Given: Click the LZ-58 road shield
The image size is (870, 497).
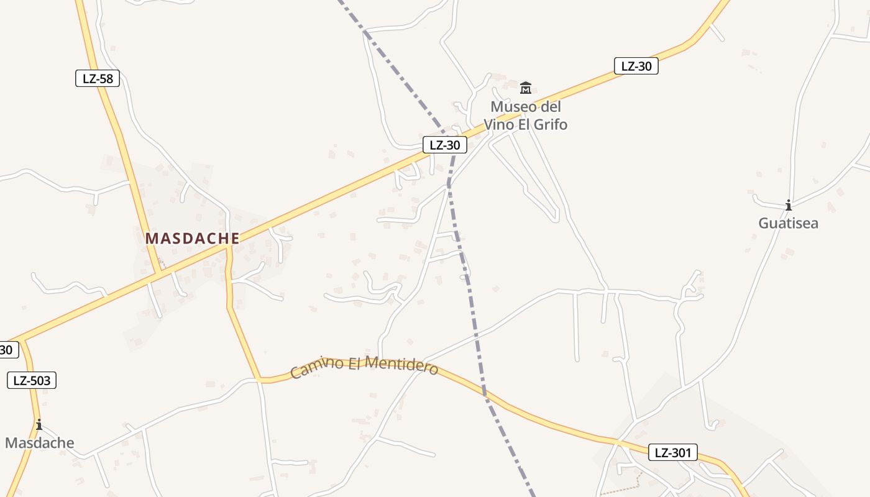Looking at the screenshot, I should [x=98, y=78].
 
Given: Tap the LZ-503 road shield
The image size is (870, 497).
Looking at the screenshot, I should [x=32, y=380].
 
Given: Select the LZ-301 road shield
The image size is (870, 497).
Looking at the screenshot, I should [x=673, y=452].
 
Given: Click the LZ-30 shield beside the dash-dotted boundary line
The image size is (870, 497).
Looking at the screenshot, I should [x=445, y=145].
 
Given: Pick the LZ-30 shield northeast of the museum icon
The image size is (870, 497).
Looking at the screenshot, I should [x=636, y=66].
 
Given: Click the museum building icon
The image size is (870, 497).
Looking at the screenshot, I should [x=526, y=88].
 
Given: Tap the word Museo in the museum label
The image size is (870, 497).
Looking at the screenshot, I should [x=509, y=107].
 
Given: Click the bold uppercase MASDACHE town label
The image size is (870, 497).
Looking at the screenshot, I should [x=193, y=238].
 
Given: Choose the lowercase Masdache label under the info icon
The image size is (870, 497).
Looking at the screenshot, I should [x=40, y=443].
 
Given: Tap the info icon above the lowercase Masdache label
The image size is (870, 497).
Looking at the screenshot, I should [x=39, y=425].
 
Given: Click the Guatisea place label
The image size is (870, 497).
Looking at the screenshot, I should [x=788, y=223].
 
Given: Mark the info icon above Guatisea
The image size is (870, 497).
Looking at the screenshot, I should [x=789, y=205].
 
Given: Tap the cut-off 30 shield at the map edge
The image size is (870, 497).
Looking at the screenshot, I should [x=7, y=350].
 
